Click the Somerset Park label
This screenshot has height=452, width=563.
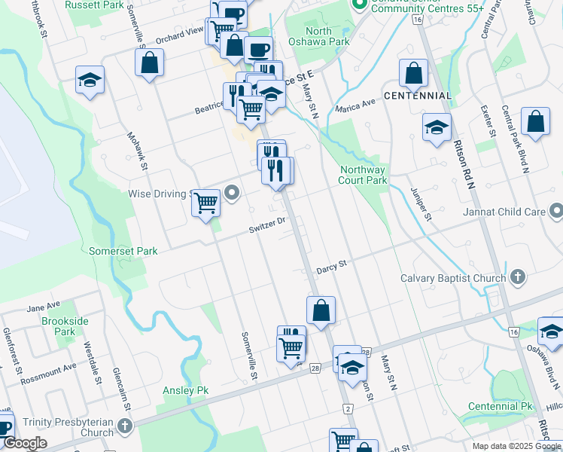pyautogui.click(x=123, y=251)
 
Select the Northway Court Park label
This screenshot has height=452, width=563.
pyautogui.click(x=362, y=175)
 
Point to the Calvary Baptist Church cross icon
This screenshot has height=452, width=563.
pyautogui.click(x=517, y=278)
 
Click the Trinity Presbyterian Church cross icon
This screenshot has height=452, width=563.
pyautogui.click(x=125, y=427)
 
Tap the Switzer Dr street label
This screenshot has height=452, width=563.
pyautogui.click(x=269, y=222)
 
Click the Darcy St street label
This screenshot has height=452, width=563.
pyautogui.click(x=330, y=266)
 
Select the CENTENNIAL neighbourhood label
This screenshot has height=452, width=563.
pyautogui.click(x=418, y=96)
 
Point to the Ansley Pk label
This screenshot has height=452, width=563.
pyautogui.click(x=186, y=390)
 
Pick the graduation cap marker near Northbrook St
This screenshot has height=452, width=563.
pyautogui.click(x=90, y=81)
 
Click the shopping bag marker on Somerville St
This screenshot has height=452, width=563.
pyautogui.click(x=150, y=63)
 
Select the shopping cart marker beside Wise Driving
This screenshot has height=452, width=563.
pyautogui.click(x=205, y=202)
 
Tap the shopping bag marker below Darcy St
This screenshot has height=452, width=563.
pyautogui.click(x=321, y=310)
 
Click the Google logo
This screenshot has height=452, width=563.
pyautogui.click(x=25, y=444)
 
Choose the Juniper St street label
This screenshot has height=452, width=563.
pyautogui.click(x=420, y=203)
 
